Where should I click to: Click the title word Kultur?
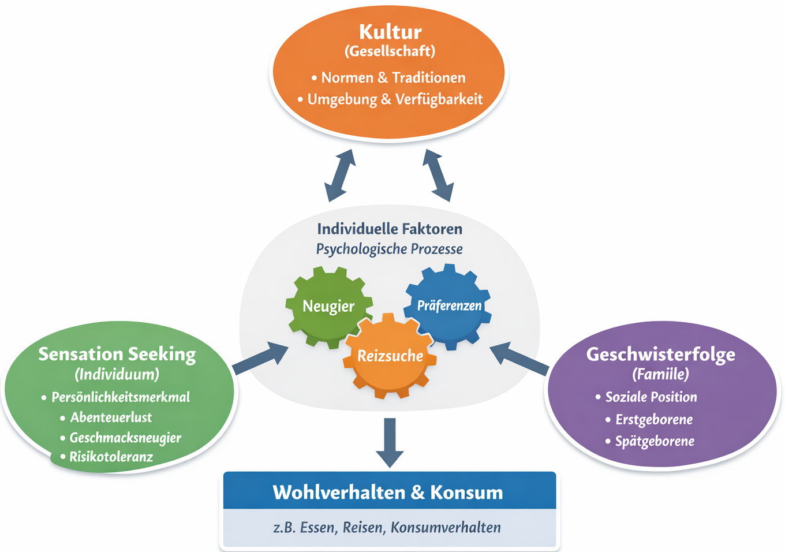click(x=390, y=32)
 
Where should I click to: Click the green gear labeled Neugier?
click(x=328, y=306)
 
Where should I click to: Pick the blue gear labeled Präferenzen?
click(x=449, y=305)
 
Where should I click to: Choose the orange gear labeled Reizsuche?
click(x=390, y=356)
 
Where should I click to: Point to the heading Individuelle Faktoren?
click(x=390, y=229)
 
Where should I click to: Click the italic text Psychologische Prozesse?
click(x=390, y=249)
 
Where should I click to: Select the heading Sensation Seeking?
click(x=117, y=354)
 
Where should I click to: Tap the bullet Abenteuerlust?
click(x=111, y=417)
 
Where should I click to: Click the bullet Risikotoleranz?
click(x=111, y=457)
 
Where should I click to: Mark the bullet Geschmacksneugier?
click(x=125, y=438)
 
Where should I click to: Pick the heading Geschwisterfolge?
click(x=661, y=354)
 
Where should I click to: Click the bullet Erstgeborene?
click(x=654, y=420)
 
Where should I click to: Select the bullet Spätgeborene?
click(x=655, y=442)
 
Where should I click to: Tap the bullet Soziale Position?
click(x=651, y=397)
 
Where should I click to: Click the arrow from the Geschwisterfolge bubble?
click(x=519, y=359)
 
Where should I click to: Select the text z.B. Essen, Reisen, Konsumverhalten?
click(x=387, y=528)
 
